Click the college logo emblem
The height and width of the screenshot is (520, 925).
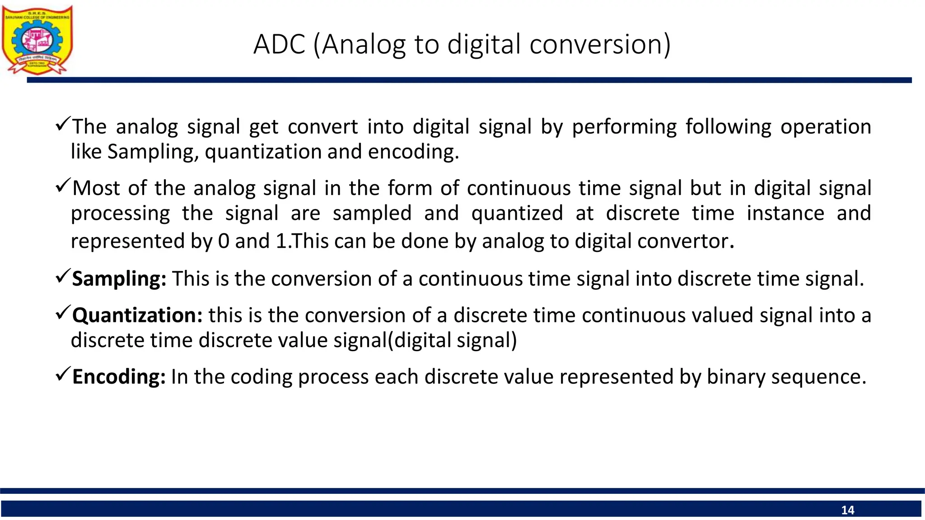pyautogui.click(x=37, y=40)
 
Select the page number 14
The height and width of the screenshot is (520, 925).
pyautogui.click(x=847, y=510)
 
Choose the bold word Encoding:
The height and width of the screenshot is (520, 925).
pyautogui.click(x=119, y=377)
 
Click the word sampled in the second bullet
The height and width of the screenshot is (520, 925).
pyautogui.click(x=372, y=214)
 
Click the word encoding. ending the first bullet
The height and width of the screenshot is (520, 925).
pyautogui.click(x=413, y=152)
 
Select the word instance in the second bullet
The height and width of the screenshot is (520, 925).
pyautogui.click(x=785, y=214)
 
